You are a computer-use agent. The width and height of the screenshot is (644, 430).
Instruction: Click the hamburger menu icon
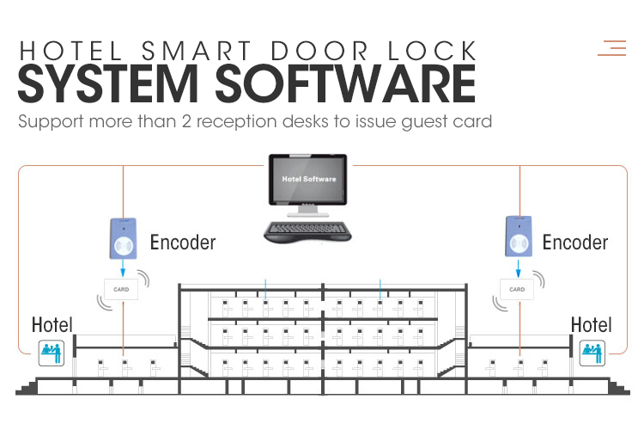(x=612, y=47)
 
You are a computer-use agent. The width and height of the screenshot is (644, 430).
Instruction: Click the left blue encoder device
(x=124, y=238)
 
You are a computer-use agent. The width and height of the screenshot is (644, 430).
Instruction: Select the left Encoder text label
(x=183, y=242)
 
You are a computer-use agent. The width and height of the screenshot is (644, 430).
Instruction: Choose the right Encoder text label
(x=575, y=242)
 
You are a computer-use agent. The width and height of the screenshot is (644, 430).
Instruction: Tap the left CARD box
(x=122, y=290)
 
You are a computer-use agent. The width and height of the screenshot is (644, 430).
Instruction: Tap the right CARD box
(x=517, y=290)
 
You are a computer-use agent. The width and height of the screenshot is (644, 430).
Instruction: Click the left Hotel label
(x=52, y=325)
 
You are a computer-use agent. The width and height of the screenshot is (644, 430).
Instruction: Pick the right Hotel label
(x=592, y=325)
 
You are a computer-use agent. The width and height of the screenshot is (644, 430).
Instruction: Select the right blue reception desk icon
(x=592, y=351)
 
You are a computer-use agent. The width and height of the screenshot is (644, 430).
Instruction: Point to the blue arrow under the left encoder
(x=123, y=268)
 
